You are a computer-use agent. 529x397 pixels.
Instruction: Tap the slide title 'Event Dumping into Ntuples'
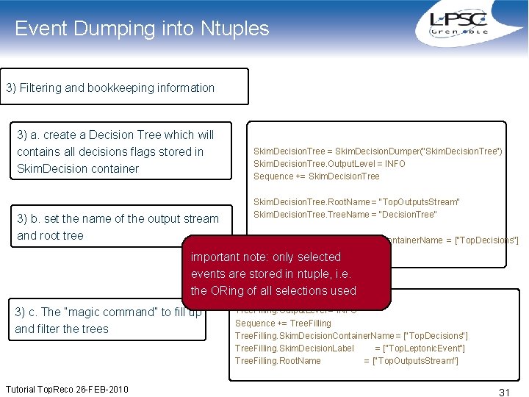(x=142, y=29)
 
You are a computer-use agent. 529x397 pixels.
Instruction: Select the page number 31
(x=504, y=393)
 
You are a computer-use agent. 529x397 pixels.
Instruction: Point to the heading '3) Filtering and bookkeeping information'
(x=110, y=87)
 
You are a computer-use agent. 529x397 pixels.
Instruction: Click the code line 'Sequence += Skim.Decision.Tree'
(x=317, y=176)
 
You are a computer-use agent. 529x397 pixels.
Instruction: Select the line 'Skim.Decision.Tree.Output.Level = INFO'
(x=329, y=163)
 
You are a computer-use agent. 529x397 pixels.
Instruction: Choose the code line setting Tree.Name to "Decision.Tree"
(x=345, y=214)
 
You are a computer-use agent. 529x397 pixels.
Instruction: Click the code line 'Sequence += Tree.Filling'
(x=283, y=323)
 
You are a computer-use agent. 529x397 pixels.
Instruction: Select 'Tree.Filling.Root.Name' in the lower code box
(x=278, y=360)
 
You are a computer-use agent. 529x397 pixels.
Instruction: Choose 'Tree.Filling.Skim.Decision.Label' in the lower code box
(x=294, y=348)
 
